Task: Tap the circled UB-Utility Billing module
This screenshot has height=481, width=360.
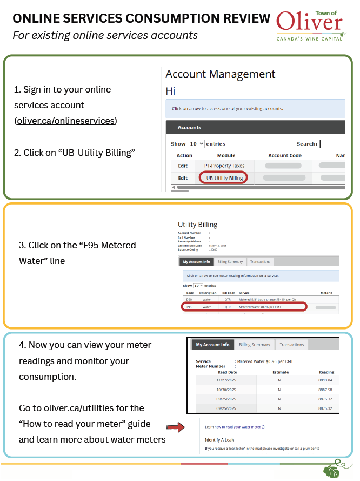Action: coord(224,177)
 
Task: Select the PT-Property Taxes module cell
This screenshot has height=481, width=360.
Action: coord(224,166)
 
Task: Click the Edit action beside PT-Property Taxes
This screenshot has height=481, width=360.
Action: coord(183,166)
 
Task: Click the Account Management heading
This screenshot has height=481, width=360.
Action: coord(220,74)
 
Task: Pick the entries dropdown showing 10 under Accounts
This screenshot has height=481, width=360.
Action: coord(196,144)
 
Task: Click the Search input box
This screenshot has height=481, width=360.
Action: coord(332,144)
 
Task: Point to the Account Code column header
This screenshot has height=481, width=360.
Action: coord(285,156)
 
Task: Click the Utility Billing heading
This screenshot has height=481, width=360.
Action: coord(197,225)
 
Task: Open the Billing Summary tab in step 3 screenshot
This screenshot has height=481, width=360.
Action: coord(230,262)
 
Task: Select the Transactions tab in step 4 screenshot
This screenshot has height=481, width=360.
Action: coord(291,345)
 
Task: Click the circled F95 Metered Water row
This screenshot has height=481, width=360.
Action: coord(245,307)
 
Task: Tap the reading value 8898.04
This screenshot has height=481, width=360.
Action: coord(326,380)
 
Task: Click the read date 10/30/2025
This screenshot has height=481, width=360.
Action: coord(226,390)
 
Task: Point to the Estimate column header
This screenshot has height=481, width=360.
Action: coord(280,372)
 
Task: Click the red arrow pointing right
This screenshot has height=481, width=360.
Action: coord(175,427)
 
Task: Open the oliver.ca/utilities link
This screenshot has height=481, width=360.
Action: coord(78,408)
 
